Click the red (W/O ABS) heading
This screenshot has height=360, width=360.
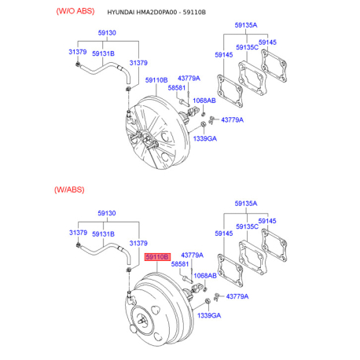tap(75, 11)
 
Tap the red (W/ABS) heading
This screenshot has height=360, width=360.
tap(69, 189)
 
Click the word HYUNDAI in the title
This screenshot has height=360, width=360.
tap(121, 13)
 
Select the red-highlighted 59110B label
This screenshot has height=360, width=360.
tap(157, 257)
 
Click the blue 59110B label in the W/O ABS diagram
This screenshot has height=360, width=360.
tap(156, 80)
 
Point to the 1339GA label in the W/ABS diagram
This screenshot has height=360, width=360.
tap(209, 315)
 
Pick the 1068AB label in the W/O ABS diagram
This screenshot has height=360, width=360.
tap(204, 101)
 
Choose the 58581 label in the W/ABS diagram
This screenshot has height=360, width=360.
tap(180, 264)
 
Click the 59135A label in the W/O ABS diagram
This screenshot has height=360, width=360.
tap(246, 25)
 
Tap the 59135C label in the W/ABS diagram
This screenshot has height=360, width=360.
tap(247, 226)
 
